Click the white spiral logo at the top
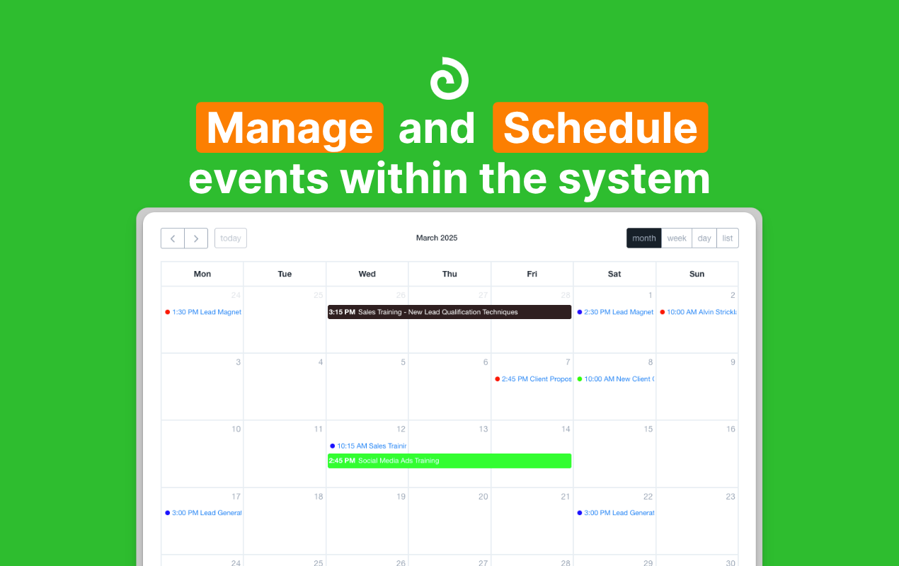click(450, 78)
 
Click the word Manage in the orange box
click(290, 128)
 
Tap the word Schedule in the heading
click(600, 128)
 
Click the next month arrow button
click(196, 238)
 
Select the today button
click(231, 238)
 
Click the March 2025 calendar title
click(437, 238)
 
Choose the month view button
click(644, 238)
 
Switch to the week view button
click(677, 238)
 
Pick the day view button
click(704, 238)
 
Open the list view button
click(728, 238)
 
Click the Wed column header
click(367, 274)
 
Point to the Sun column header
click(697, 274)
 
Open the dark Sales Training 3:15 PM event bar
click(450, 312)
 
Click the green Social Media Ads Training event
click(450, 461)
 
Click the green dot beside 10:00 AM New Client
click(580, 379)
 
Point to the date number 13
click(483, 429)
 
